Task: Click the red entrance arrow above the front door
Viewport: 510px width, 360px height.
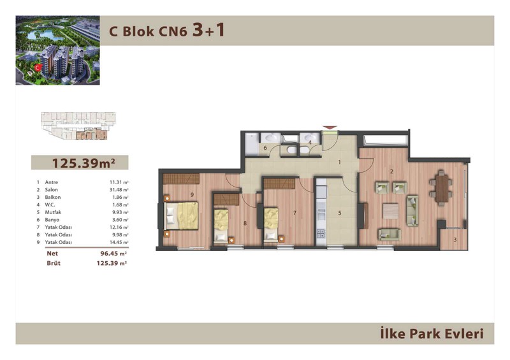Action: click(x=329, y=128)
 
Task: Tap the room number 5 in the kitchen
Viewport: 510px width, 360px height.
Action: click(x=340, y=213)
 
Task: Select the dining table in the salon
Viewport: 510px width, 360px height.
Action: click(x=441, y=189)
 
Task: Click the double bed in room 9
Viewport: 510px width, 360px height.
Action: click(x=182, y=215)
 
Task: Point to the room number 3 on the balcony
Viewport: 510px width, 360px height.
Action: click(x=455, y=240)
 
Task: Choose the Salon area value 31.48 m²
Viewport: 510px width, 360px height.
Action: click(x=119, y=190)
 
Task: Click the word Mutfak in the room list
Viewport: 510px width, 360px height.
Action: click(x=53, y=212)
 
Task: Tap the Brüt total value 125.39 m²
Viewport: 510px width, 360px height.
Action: click(x=112, y=263)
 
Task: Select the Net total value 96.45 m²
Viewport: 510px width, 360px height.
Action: click(x=113, y=254)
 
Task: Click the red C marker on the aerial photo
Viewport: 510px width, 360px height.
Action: click(x=38, y=68)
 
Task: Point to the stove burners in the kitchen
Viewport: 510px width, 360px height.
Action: click(x=321, y=233)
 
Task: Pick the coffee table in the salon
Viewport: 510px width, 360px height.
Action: click(x=391, y=211)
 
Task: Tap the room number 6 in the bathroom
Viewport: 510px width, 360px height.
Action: click(x=265, y=148)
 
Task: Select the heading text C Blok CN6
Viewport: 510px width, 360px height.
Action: click(x=149, y=32)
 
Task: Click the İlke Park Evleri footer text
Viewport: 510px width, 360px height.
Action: click(x=432, y=334)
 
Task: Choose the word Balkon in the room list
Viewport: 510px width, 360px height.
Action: click(x=53, y=197)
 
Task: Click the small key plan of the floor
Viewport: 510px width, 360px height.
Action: click(x=78, y=126)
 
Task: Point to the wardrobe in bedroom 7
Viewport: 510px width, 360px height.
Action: click(x=281, y=184)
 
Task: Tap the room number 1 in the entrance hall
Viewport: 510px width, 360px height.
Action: click(x=340, y=162)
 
